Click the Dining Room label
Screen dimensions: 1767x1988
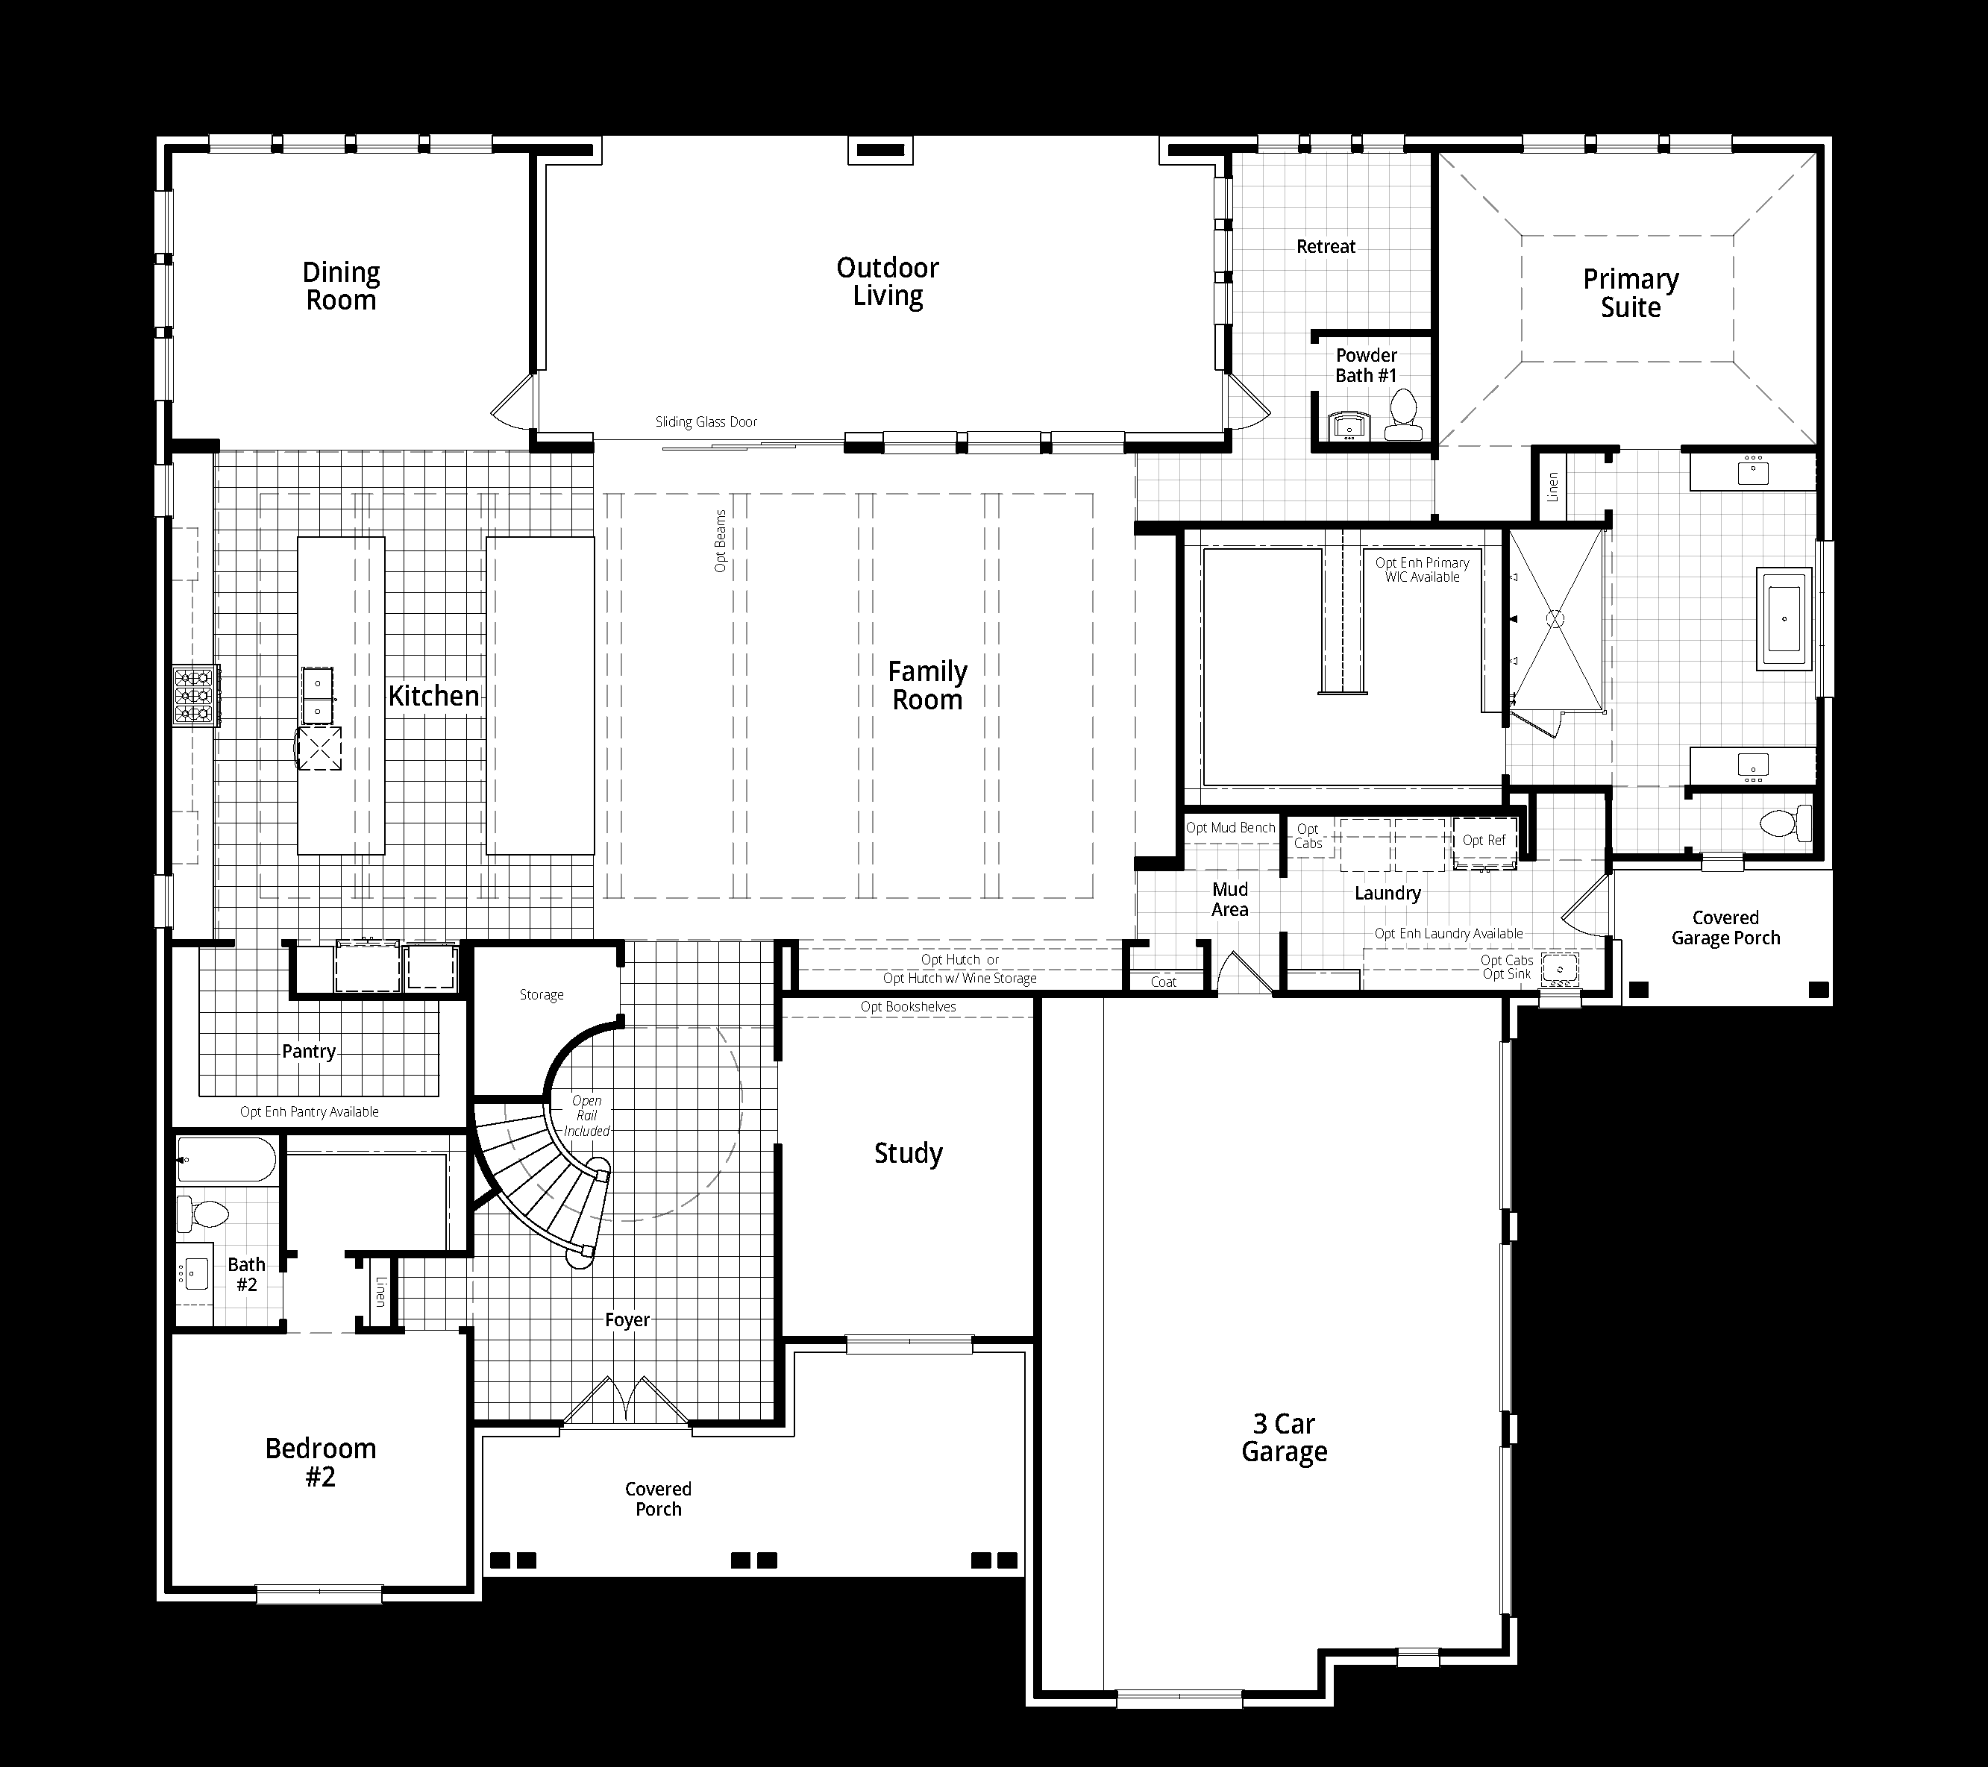340,286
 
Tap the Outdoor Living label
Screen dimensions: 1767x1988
887,282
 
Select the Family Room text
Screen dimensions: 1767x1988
927,685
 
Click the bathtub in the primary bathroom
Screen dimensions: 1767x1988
1784,620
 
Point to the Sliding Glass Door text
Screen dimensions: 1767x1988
706,422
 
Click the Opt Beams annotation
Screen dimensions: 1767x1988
721,541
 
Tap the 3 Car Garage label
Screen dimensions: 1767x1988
1284,1437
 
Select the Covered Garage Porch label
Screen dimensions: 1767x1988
1725,928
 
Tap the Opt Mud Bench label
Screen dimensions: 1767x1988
1230,828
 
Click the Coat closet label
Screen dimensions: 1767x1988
1163,982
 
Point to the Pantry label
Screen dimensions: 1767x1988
308,1051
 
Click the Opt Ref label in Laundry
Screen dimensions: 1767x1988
1483,840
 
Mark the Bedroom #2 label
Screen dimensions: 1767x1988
320,1463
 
